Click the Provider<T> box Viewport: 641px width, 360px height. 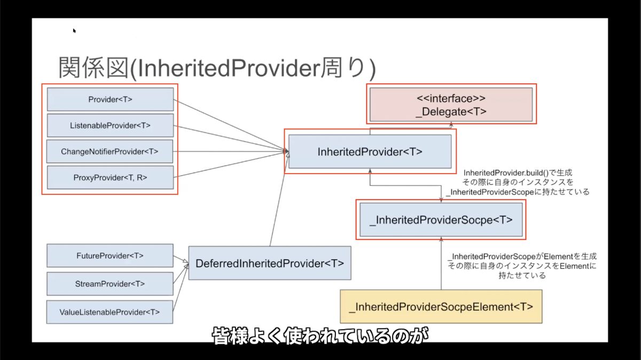pos(110,99)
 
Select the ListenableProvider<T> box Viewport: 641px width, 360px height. pos(110,126)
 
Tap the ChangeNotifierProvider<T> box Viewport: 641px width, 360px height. pos(110,151)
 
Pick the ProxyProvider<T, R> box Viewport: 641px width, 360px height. pos(110,177)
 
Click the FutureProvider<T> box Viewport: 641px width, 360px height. pos(110,255)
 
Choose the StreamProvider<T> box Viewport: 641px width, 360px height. pos(110,284)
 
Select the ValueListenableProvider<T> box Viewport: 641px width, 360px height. pos(110,312)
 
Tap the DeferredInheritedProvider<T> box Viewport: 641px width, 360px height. pos(270,263)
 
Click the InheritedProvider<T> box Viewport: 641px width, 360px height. pos(370,151)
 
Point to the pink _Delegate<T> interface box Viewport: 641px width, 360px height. pos(451,105)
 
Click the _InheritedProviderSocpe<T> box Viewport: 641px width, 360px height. pos(441,220)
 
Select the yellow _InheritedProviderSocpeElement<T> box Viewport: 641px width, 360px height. pos(441,307)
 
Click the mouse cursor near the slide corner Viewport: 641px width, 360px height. pos(74,30)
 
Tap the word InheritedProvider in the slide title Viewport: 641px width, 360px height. pos(229,69)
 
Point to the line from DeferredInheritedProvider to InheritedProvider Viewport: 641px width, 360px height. pos(279,199)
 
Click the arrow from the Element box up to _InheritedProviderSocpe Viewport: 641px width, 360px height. pos(441,263)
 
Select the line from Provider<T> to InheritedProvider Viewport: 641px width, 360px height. pos(231,125)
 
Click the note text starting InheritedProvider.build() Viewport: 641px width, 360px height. pos(518,182)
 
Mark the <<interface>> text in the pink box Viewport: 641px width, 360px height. pos(451,98)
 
